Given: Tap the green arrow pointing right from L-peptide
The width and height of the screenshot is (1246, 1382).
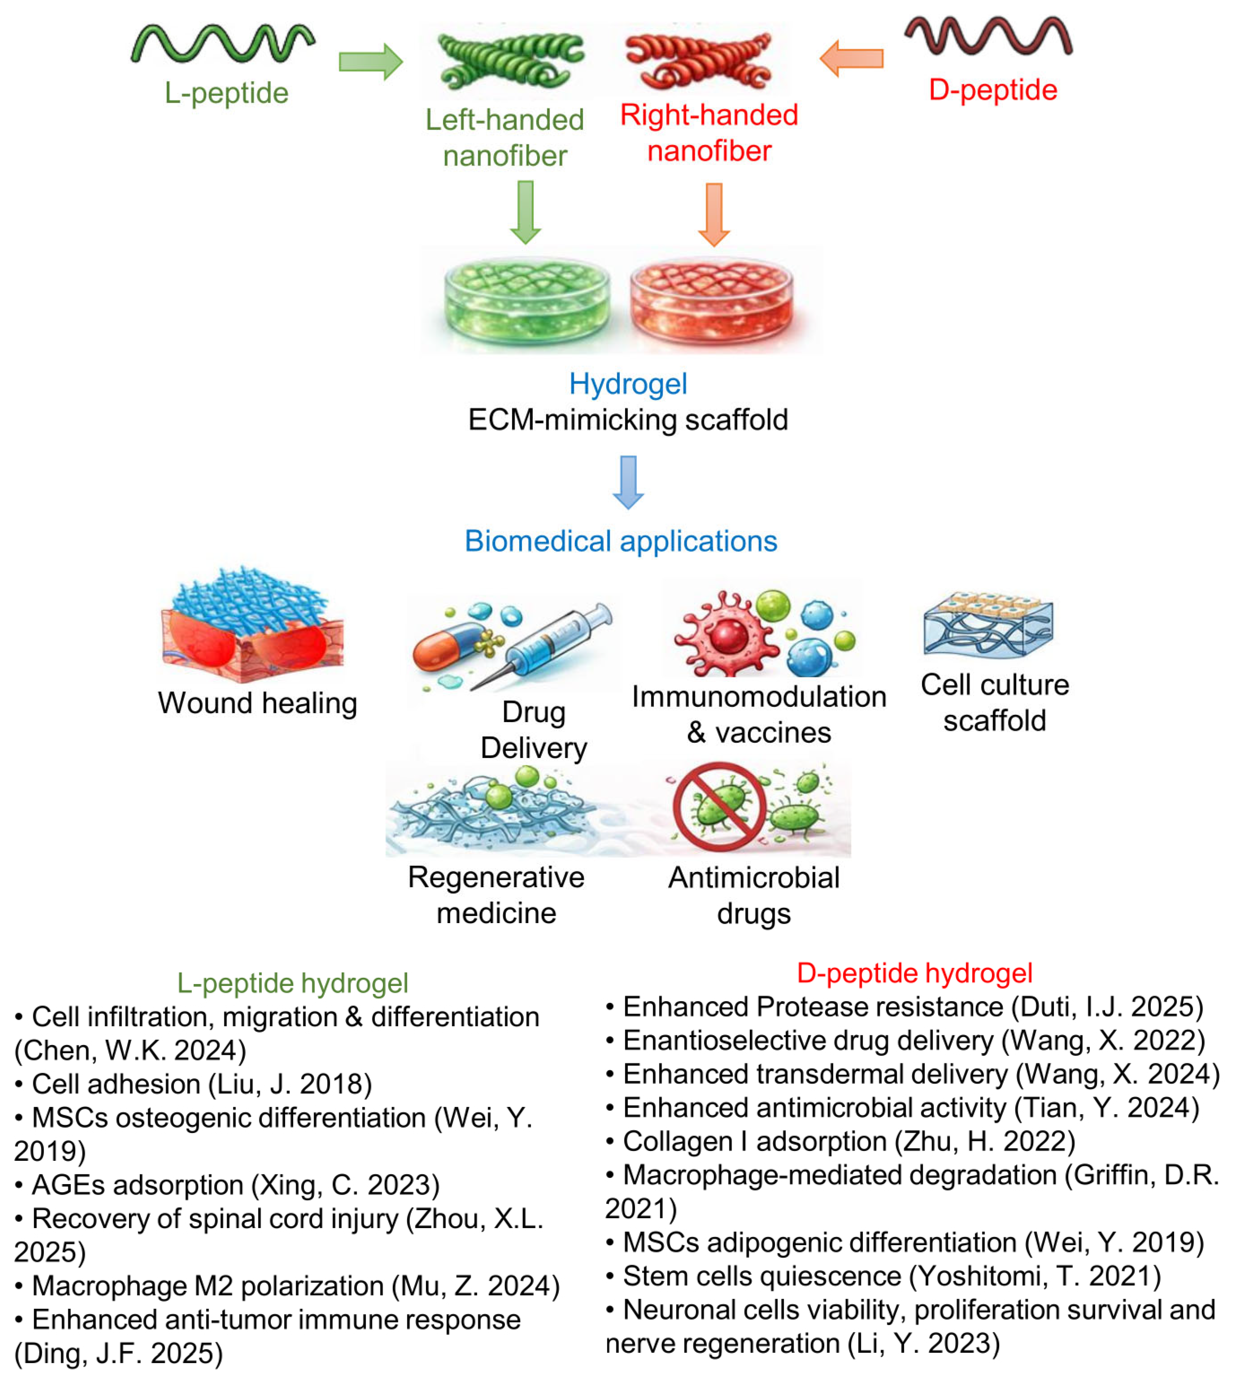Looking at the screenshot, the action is point(370,61).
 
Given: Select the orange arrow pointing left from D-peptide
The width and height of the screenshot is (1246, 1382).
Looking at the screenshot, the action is point(851,58).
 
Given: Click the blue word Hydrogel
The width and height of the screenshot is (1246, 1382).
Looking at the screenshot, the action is point(628,384).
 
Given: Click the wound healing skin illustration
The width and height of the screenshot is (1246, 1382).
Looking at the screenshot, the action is point(252,624).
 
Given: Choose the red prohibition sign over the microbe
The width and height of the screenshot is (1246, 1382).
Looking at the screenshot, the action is point(719,807).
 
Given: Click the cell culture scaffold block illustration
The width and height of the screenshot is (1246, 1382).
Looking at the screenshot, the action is point(988,623).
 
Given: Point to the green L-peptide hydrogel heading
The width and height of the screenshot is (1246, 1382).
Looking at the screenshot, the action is point(292,983).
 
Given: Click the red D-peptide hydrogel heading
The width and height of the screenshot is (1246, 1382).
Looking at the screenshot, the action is point(915,972).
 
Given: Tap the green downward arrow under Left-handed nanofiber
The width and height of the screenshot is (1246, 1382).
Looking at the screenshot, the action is point(526,212).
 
